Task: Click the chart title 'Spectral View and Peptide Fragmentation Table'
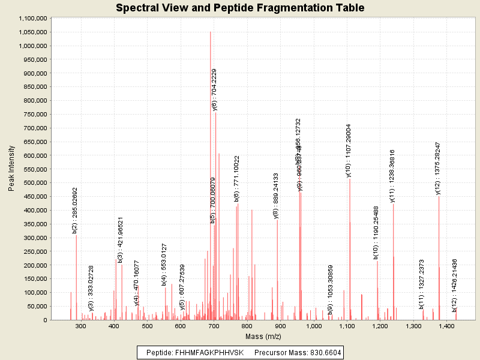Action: pos(240,8)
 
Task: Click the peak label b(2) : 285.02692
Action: pos(74,210)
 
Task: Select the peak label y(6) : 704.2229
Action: pos(215,89)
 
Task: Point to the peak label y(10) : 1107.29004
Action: pos(349,151)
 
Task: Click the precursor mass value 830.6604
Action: pos(322,353)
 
